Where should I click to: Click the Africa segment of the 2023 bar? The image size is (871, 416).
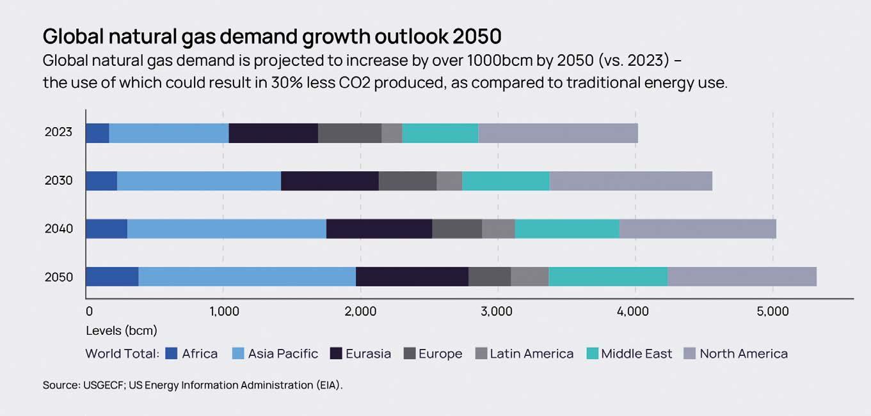click(x=97, y=133)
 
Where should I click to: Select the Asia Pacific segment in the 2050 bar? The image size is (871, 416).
click(x=247, y=277)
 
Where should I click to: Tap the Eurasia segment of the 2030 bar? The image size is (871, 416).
click(x=330, y=181)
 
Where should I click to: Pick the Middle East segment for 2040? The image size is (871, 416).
click(x=567, y=229)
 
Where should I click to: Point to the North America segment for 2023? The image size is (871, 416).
click(x=558, y=133)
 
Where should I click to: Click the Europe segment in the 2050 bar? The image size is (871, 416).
click(x=490, y=277)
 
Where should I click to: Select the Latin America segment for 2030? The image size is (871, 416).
click(x=449, y=181)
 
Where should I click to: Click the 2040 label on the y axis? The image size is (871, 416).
click(x=59, y=229)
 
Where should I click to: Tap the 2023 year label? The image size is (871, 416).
click(x=59, y=133)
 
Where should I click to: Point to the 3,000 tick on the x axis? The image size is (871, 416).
click(x=497, y=312)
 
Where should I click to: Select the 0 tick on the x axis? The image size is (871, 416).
click(x=89, y=312)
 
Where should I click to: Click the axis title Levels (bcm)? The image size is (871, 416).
click(x=122, y=331)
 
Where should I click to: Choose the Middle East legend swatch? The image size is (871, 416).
click(x=592, y=353)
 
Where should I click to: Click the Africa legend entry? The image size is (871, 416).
click(x=199, y=353)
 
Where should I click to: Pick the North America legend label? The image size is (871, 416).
click(x=743, y=353)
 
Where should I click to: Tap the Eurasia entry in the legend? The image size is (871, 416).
click(x=367, y=353)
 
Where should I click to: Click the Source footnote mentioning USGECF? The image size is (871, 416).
click(x=193, y=385)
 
